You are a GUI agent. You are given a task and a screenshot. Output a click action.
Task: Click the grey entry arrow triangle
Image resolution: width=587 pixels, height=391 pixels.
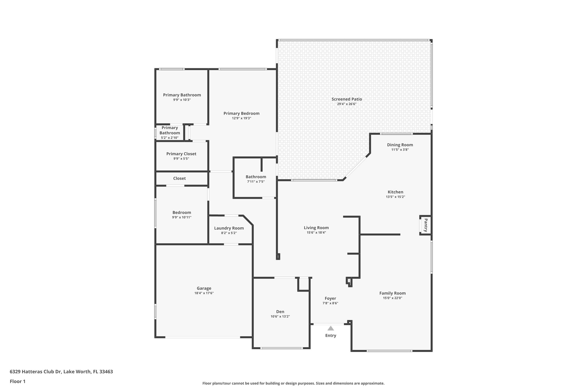point(330,328)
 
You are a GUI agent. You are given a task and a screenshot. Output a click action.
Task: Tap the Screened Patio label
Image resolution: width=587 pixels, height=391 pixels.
point(347,99)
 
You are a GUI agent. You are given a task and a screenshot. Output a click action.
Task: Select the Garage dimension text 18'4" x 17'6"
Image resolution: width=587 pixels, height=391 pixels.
point(204,293)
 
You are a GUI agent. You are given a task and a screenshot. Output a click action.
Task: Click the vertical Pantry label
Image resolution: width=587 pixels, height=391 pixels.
point(426,225)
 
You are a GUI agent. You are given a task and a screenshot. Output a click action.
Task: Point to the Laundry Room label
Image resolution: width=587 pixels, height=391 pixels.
point(229,228)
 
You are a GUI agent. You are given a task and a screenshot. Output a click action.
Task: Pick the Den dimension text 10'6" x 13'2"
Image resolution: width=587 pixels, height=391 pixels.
point(280,317)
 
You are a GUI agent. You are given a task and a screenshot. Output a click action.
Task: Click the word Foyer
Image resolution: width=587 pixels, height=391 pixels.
point(330,298)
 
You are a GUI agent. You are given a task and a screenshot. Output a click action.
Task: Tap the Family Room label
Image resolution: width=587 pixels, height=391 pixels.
point(392,293)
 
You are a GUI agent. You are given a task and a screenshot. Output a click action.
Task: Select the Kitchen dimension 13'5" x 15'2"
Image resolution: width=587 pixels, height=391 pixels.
point(395,197)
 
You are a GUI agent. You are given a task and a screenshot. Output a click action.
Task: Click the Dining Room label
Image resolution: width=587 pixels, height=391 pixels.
point(400,145)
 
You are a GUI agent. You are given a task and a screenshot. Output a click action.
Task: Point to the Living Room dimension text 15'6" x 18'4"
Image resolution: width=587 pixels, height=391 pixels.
point(316,233)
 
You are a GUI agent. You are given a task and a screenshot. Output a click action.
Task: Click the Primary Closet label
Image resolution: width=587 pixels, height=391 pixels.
point(181,154)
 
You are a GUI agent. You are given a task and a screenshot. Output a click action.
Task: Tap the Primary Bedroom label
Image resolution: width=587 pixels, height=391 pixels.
point(241,113)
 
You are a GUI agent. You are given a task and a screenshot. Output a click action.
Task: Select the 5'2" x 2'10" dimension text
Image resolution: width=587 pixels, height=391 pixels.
point(170,138)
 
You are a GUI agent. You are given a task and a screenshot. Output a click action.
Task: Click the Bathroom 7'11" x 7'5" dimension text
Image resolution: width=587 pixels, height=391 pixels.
point(256,182)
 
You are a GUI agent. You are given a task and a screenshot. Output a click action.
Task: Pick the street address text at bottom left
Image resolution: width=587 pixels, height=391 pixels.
point(61,372)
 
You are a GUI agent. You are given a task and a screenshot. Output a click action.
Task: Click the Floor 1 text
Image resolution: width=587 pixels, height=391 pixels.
point(17,381)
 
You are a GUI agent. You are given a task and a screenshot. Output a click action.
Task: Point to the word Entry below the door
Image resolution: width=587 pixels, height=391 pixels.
point(330,335)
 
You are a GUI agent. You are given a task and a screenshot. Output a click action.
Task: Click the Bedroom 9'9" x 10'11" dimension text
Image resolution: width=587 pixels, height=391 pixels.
point(182,217)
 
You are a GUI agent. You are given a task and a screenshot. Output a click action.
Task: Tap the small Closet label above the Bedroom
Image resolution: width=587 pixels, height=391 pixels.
point(179,178)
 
